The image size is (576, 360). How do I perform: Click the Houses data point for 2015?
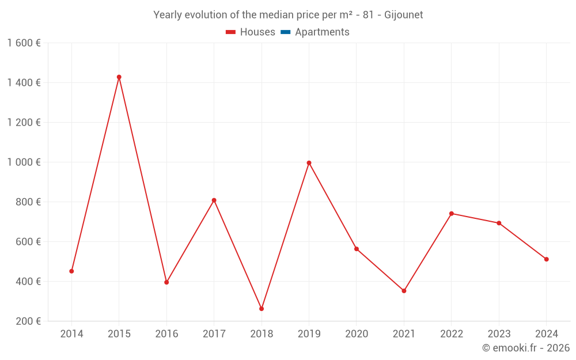point(119,77)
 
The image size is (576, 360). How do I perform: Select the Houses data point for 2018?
point(262,309)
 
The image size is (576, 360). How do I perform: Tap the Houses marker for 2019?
point(309,163)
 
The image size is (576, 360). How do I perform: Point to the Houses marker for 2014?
point(71,271)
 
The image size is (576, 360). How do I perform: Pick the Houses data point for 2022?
point(452,214)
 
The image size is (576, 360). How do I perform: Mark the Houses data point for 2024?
point(546,259)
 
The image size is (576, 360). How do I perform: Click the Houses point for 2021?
point(404,291)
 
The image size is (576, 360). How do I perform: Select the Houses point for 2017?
point(214,200)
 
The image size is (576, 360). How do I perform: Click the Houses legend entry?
point(251,32)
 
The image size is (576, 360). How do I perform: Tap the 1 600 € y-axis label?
point(24,43)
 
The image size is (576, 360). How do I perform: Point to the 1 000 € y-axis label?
point(24,162)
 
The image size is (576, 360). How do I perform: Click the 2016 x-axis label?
point(166,334)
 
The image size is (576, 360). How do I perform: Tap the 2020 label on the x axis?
point(357,334)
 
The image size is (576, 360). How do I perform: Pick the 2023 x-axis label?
point(499,334)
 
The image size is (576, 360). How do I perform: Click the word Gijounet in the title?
point(403,15)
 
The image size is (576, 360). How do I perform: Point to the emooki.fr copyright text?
point(526,348)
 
